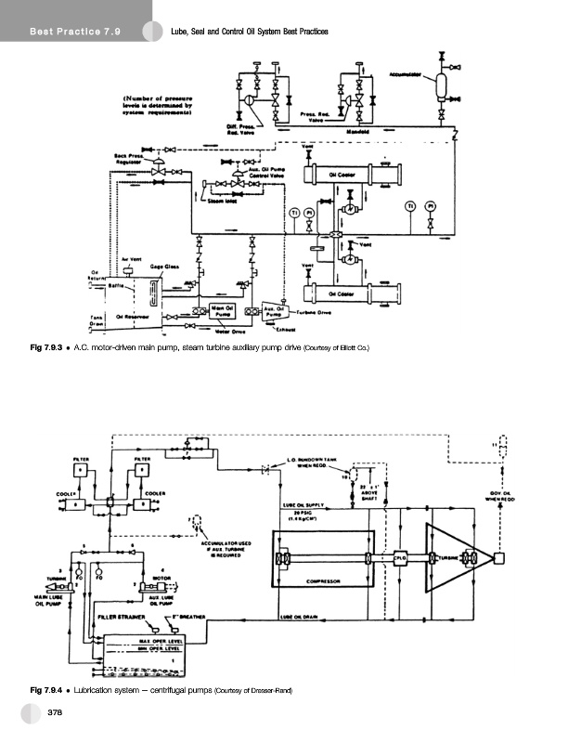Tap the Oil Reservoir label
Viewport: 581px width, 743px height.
pos(138,315)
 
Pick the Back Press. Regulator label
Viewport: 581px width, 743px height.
pos(127,158)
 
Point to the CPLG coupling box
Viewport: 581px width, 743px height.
pos(401,557)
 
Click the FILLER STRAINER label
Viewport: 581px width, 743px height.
pos(119,616)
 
